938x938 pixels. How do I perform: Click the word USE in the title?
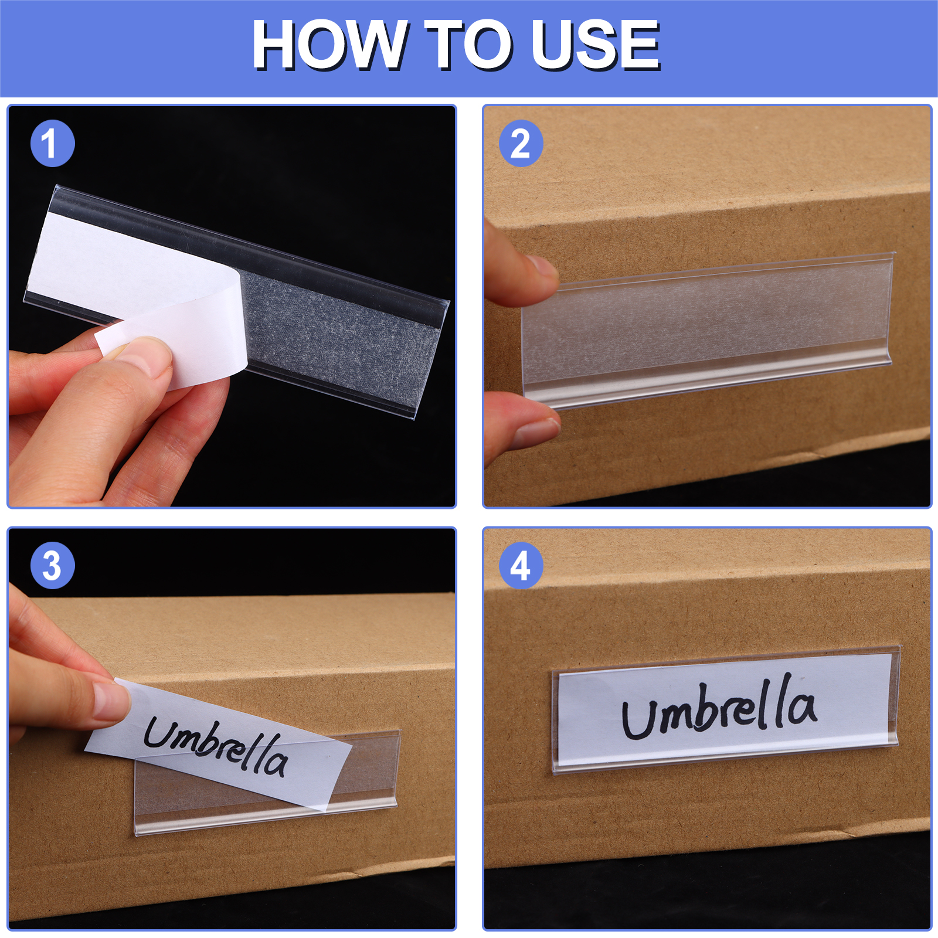click(595, 45)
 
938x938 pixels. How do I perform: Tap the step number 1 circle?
click(52, 144)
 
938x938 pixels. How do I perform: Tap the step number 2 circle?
click(521, 144)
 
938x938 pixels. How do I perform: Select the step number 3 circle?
click(52, 566)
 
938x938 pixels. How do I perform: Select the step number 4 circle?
click(521, 566)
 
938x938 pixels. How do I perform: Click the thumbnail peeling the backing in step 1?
click(144, 355)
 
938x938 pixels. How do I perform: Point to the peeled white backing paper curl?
click(176, 340)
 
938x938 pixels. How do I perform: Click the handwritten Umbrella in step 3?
click(216, 746)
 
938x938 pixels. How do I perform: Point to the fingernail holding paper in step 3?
click(110, 701)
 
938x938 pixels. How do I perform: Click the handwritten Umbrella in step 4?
click(719, 708)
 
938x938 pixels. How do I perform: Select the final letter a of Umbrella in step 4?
click(800, 708)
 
